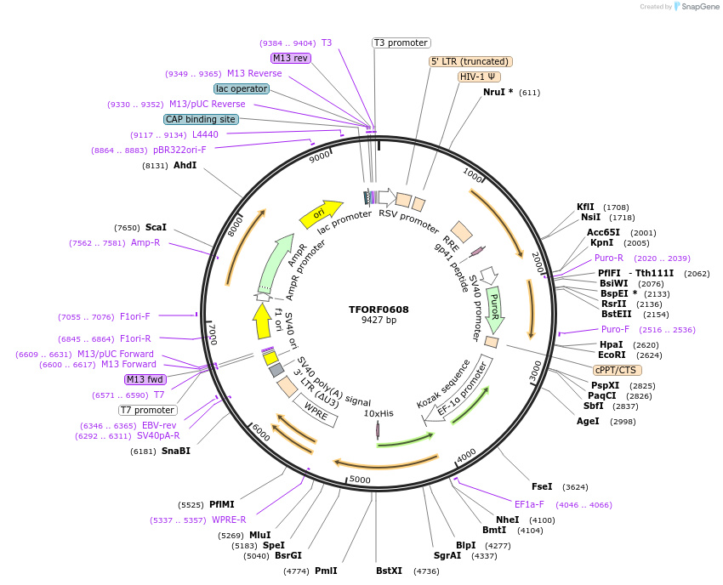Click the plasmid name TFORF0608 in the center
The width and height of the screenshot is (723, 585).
pos(379,310)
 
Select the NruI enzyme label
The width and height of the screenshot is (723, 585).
pos(498,92)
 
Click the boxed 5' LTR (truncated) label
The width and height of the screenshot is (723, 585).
pos(470,61)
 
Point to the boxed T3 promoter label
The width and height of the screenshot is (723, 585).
pos(401,43)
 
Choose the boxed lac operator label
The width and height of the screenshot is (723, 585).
pos(242,88)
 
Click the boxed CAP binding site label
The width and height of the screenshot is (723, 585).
pos(201,120)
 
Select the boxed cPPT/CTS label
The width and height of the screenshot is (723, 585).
pos(618,370)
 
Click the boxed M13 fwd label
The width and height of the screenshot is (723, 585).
pos(145,379)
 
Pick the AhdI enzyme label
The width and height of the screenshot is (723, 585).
pos(185,165)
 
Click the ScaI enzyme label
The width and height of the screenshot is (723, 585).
pos(156,228)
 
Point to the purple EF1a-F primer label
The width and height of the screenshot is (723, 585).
pos(529,504)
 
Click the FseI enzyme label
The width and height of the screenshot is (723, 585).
pos(542,487)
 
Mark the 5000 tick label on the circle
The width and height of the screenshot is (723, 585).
pos(361,480)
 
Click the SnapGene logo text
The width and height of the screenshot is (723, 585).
pos(697,7)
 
